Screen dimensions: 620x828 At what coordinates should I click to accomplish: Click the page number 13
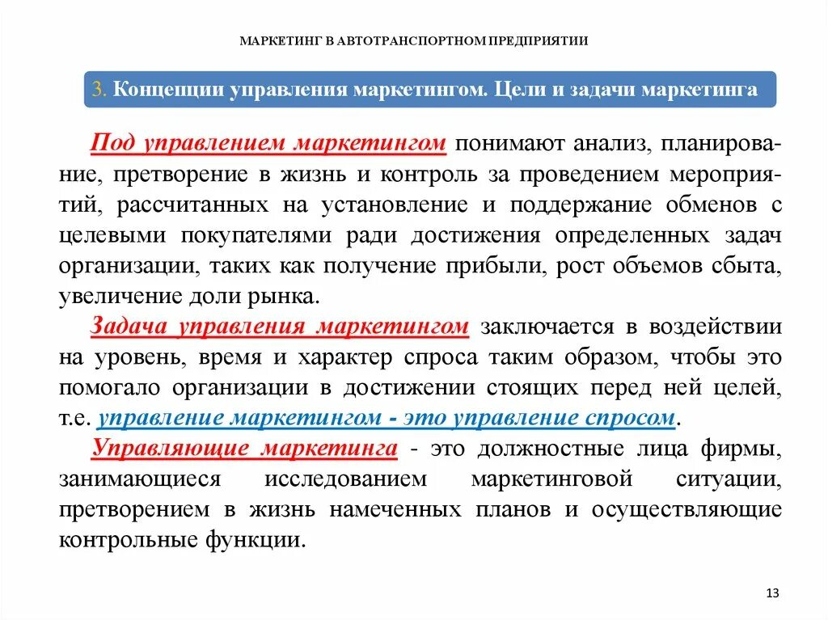pos(771,593)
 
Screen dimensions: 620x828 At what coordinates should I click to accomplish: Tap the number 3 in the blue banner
pos(99,89)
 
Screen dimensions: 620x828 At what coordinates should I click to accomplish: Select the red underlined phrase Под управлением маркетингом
pos(268,143)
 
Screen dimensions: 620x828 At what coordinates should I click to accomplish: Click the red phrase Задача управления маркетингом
pos(280,327)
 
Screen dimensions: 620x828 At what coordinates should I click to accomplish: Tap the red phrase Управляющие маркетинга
pos(244,448)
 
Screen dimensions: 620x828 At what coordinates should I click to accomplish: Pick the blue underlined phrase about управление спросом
pos(386,418)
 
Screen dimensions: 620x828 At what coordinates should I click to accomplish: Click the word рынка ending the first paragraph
pos(285,296)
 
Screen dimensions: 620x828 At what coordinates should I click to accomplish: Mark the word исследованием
pos(345,479)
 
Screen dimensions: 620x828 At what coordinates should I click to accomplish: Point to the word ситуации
pos(729,479)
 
